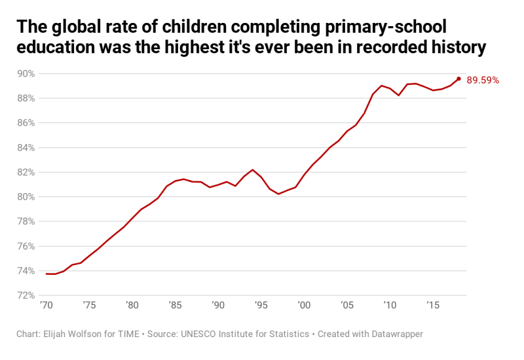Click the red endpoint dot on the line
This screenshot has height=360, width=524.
point(458,79)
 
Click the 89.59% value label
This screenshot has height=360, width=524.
point(483,81)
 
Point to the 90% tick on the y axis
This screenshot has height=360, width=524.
point(26,73)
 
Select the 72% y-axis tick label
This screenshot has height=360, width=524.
point(26,295)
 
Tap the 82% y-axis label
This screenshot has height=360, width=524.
point(26,172)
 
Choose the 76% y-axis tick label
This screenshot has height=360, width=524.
point(26,246)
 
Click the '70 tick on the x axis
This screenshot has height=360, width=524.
point(46,305)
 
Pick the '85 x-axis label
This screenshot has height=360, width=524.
point(175,305)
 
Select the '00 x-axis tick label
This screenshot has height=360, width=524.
point(304,305)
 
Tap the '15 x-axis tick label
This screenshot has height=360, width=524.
point(433,305)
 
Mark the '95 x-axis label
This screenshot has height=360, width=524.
point(261,305)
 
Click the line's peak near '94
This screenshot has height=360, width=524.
point(252,170)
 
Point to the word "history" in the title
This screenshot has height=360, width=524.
point(453,48)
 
